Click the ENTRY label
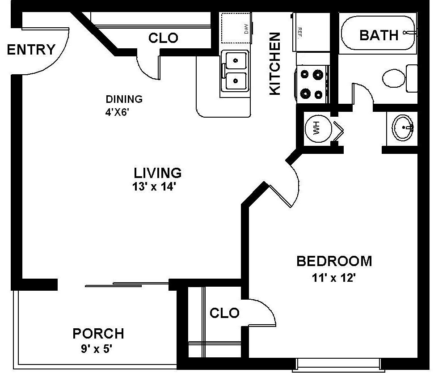click(x=31, y=49)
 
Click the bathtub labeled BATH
click(x=379, y=35)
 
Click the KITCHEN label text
click(x=274, y=63)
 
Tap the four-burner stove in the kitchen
click(x=312, y=84)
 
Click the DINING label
click(x=124, y=99)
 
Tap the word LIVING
click(x=158, y=172)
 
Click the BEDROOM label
click(x=334, y=261)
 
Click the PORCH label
click(x=98, y=333)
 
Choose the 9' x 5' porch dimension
click(x=98, y=348)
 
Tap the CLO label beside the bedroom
click(x=224, y=313)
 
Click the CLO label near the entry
click(x=163, y=38)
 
